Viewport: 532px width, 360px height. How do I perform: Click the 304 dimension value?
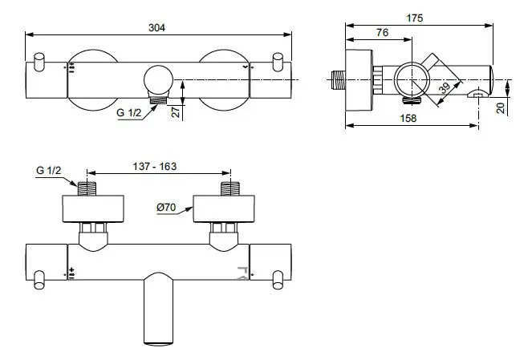click(x=158, y=26)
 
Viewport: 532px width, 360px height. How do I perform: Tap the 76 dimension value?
click(x=382, y=33)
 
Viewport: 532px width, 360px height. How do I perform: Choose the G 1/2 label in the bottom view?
click(x=48, y=171)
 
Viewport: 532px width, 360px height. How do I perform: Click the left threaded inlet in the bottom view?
click(x=86, y=189)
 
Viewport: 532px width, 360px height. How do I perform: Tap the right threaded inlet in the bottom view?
click(x=230, y=189)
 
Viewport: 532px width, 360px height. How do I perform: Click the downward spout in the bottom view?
click(x=159, y=313)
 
